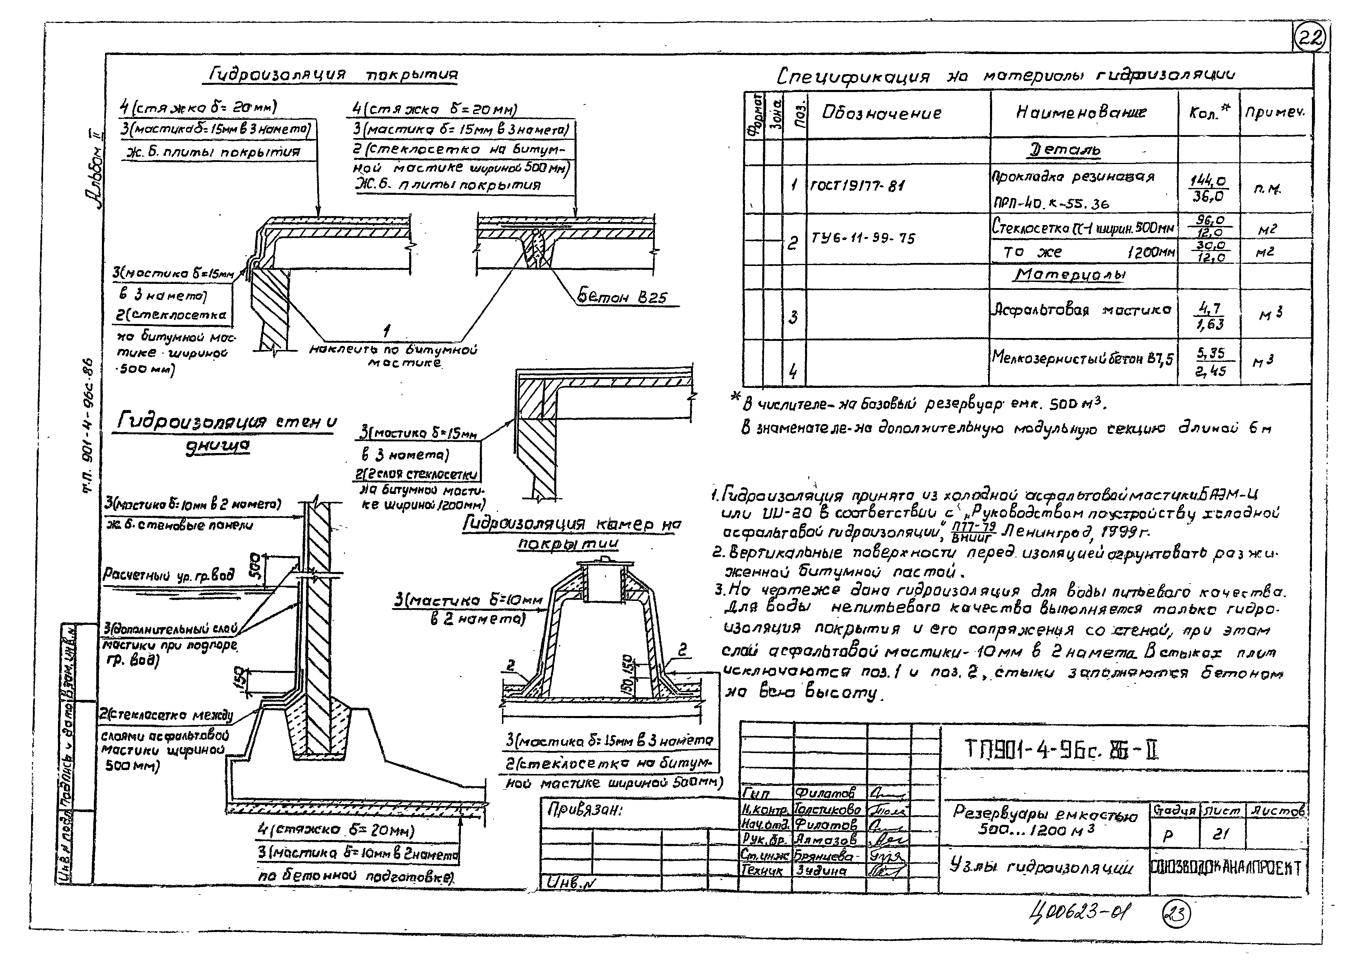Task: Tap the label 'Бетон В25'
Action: pos(621,297)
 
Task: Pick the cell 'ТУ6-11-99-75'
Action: pos(863,238)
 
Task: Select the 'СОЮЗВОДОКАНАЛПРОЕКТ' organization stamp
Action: pos(1227,868)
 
